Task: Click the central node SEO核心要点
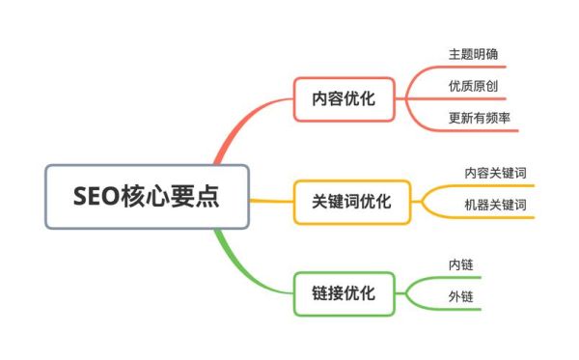click(147, 197)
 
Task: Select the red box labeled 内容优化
click(345, 97)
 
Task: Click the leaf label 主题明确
click(473, 53)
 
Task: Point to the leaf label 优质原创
click(473, 86)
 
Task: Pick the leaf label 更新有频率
click(480, 118)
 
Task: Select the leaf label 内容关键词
click(495, 173)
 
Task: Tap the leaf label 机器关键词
click(495, 205)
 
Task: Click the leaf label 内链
click(459, 263)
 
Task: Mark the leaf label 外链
click(459, 296)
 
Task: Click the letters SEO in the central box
click(96, 197)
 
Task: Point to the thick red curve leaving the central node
click(230, 135)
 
